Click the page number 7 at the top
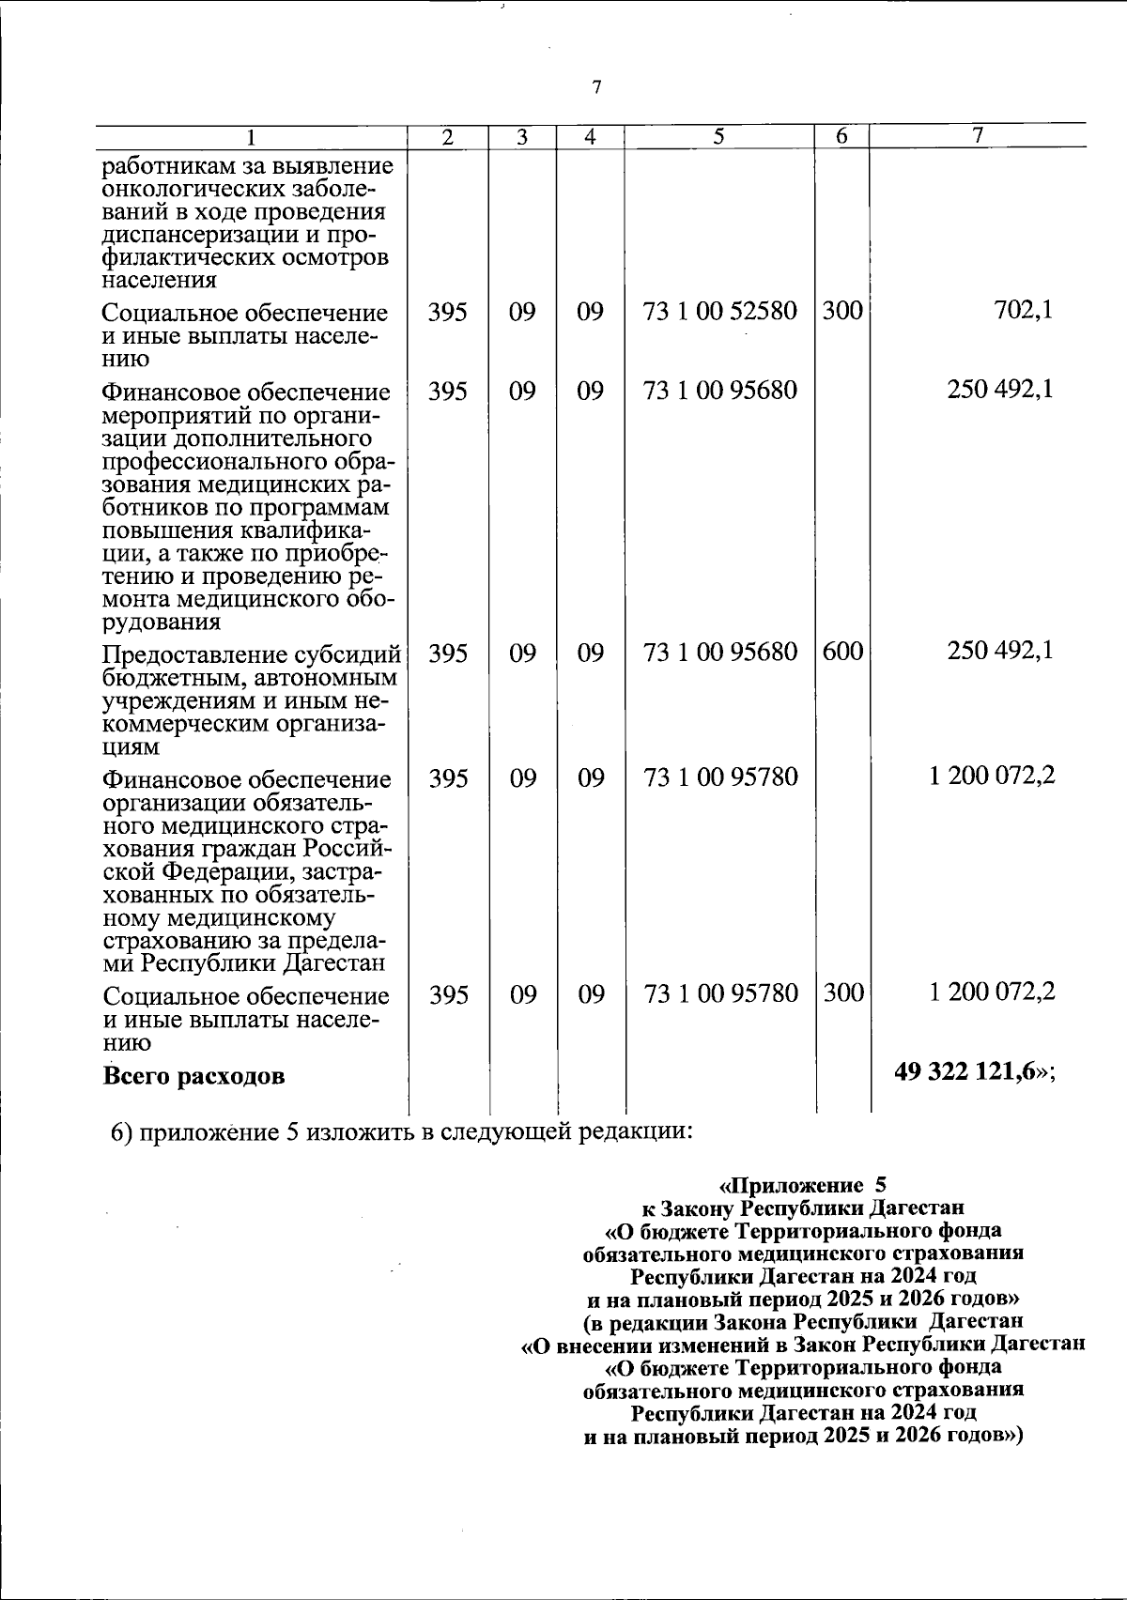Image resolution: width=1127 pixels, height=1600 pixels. pyautogui.click(x=595, y=87)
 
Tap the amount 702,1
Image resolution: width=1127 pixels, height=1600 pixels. pyautogui.click(x=1023, y=310)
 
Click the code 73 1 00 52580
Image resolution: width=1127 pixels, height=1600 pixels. pyautogui.click(x=720, y=310)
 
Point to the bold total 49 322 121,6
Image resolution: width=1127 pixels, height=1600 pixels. pyautogui.click(x=970, y=1073)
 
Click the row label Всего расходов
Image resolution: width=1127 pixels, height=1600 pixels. pyautogui.click(x=193, y=1075)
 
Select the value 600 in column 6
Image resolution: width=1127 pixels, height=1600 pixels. pyautogui.click(x=841, y=651)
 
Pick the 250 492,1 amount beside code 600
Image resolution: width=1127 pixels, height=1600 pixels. pyautogui.click(x=1000, y=651)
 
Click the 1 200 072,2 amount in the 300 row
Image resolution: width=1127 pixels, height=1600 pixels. pyautogui.click(x=992, y=992)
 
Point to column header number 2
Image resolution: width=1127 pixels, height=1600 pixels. pyautogui.click(x=448, y=136)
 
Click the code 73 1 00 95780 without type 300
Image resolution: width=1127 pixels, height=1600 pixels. pyautogui.click(x=720, y=777)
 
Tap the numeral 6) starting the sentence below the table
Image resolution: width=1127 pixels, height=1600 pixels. pyautogui.click(x=120, y=1131)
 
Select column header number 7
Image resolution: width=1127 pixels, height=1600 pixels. pyautogui.click(x=977, y=136)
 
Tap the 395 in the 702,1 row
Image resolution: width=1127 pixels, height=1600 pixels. pyautogui.click(x=448, y=311)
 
